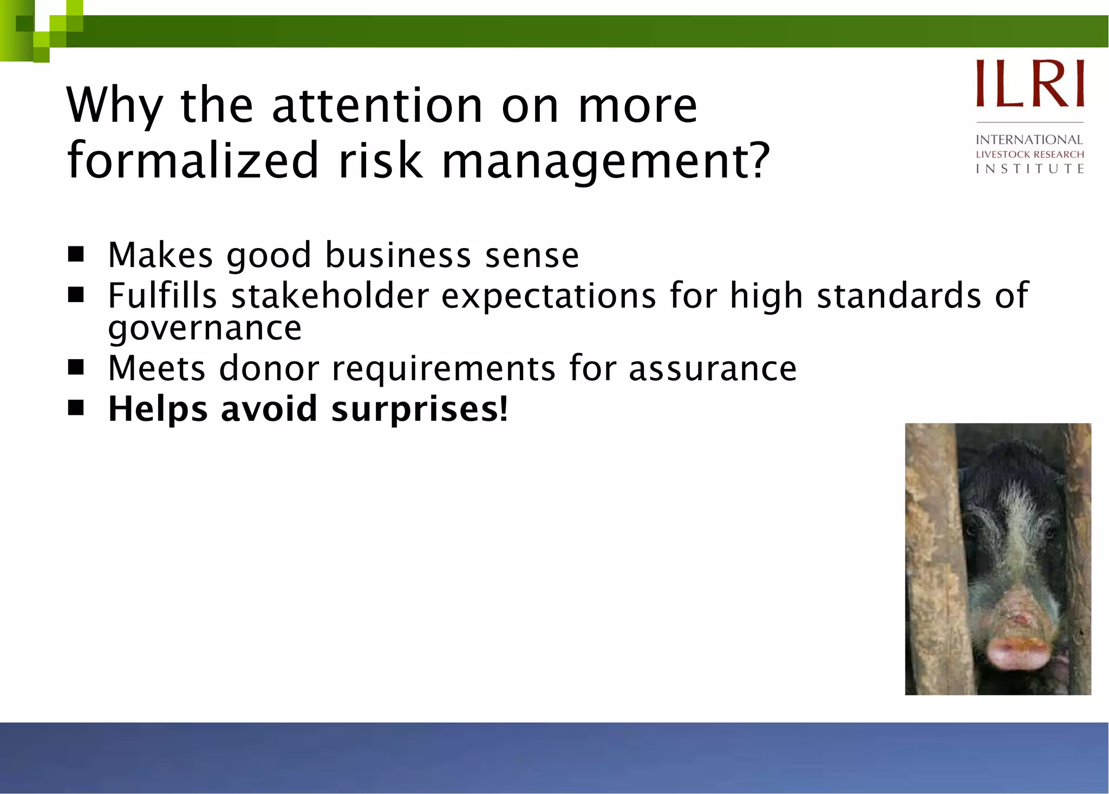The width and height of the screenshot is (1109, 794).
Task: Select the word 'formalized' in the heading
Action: [x=193, y=161]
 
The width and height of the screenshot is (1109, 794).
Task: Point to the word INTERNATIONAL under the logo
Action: [x=1029, y=140]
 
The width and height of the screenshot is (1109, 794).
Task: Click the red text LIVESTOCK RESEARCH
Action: [x=1029, y=154]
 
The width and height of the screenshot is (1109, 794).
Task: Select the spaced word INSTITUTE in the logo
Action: [x=1029, y=169]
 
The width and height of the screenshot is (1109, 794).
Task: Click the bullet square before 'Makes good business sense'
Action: [x=76, y=254]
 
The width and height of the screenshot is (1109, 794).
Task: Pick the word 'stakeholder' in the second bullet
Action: [x=330, y=296]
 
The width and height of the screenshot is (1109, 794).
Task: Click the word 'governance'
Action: [x=205, y=328]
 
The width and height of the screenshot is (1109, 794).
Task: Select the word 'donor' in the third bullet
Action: [x=269, y=369]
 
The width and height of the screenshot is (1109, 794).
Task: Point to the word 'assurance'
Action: [x=713, y=369]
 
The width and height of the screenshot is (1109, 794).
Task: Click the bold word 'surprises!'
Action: [x=420, y=409]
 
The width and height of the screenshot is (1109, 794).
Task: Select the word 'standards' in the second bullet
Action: [x=899, y=296]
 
